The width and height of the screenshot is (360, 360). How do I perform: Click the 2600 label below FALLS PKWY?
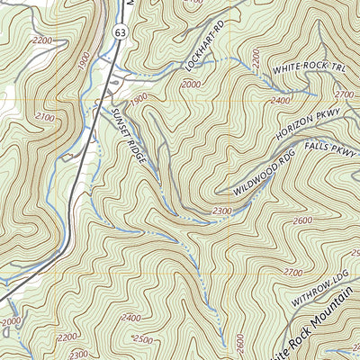point(301,220)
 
